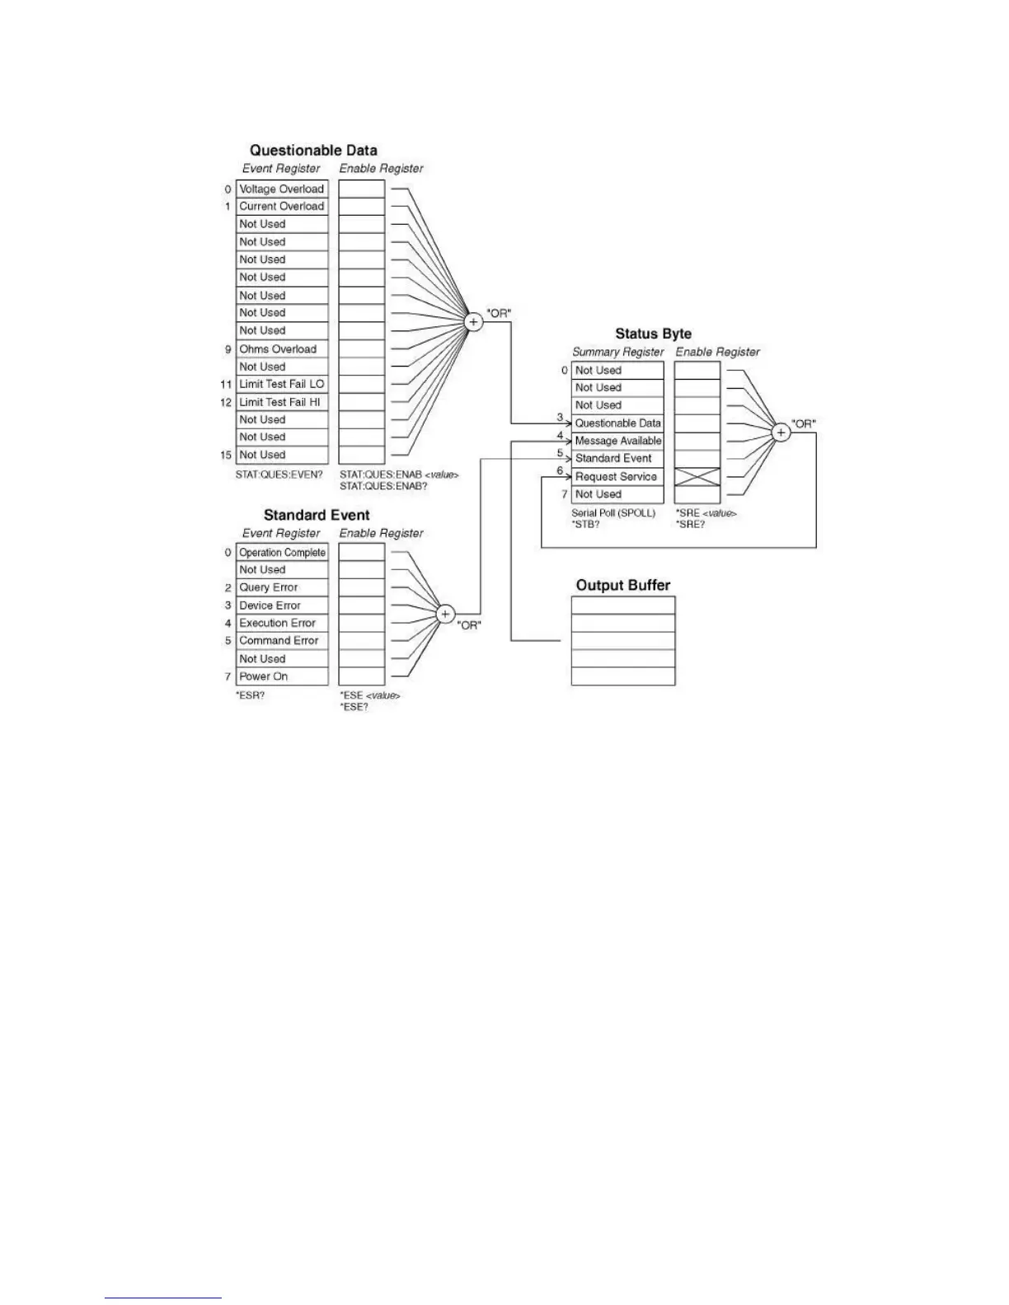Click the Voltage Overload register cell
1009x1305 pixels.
(282, 189)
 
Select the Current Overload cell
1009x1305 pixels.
(282, 206)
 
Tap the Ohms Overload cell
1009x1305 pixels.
(282, 348)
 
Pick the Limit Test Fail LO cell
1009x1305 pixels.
(282, 384)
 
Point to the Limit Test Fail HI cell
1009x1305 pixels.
(282, 402)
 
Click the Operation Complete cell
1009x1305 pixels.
(282, 552)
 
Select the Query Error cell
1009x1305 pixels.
(282, 587)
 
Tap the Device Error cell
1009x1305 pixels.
(282, 606)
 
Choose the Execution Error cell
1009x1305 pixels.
(282, 623)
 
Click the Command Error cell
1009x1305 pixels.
(282, 640)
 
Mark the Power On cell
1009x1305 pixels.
(282, 676)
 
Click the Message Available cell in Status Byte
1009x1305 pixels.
(617, 441)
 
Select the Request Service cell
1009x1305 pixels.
(617, 476)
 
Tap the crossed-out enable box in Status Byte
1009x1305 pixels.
(697, 476)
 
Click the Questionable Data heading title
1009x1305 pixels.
(313, 150)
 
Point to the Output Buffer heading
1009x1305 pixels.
(623, 585)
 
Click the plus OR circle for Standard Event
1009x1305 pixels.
(445, 614)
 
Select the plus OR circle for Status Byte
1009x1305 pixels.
(781, 432)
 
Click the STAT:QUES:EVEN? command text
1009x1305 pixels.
(279, 475)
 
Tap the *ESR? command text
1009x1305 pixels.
(251, 695)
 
